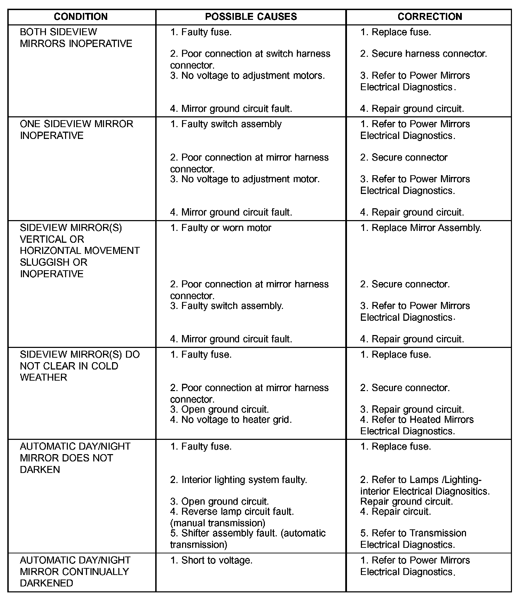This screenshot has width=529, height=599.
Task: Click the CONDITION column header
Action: pyautogui.click(x=81, y=17)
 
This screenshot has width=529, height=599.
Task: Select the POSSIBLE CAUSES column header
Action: pyautogui.click(x=251, y=17)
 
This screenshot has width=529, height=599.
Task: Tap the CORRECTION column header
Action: pyautogui.click(x=429, y=17)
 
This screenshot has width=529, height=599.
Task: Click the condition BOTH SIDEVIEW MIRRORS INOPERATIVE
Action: pyautogui.click(x=76, y=38)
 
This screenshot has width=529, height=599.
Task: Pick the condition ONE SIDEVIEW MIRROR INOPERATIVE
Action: pyautogui.click(x=77, y=130)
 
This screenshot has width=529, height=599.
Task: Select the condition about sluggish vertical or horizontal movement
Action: pyautogui.click(x=79, y=250)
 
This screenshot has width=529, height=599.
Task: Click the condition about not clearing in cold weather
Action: pyautogui.click(x=79, y=366)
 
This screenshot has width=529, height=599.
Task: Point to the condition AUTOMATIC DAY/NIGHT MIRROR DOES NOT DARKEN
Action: pyautogui.click(x=75, y=458)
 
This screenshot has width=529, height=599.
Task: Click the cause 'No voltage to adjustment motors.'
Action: pyautogui.click(x=247, y=76)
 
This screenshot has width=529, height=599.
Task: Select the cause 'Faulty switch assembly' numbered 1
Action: pyautogui.click(x=226, y=124)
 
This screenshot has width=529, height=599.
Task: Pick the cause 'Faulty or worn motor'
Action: pyautogui.click(x=221, y=228)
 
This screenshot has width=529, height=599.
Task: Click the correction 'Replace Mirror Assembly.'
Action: pyautogui.click(x=421, y=228)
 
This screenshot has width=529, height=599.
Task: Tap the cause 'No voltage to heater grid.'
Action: pyautogui.click(x=231, y=420)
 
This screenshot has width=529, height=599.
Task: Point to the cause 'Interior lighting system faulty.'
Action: pyautogui.click(x=238, y=480)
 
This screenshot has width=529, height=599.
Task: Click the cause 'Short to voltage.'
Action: pyautogui.click(x=211, y=560)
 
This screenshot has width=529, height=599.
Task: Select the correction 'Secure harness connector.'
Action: pyautogui.click(x=424, y=54)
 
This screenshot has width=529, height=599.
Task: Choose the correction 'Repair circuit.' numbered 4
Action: pyautogui.click(x=396, y=512)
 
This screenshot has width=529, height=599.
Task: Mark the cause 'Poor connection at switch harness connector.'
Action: pyautogui.click(x=250, y=59)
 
